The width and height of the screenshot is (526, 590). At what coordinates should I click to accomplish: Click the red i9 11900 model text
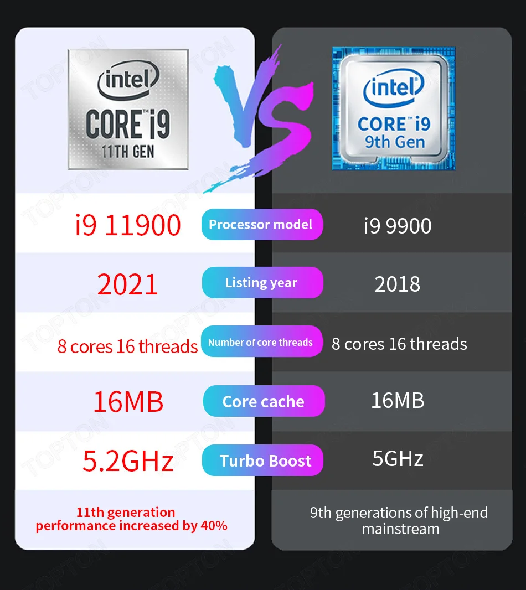128,225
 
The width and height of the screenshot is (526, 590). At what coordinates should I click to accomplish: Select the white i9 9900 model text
397,226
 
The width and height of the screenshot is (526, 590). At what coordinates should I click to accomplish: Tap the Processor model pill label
261,225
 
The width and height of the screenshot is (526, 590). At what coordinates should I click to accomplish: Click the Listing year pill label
261,283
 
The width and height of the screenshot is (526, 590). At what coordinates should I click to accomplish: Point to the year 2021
128,284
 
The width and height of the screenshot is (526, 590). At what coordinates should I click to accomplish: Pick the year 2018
397,284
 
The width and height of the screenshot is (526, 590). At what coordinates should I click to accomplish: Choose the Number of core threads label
261,343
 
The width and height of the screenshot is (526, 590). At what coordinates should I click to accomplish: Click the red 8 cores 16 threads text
127,346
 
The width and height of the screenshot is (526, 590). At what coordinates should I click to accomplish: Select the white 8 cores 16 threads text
399,344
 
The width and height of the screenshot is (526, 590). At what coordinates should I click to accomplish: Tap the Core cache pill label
264,402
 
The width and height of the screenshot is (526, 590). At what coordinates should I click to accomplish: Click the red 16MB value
128,402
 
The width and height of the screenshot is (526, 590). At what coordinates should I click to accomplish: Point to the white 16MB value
397,400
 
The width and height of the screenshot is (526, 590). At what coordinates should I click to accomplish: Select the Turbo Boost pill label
265,460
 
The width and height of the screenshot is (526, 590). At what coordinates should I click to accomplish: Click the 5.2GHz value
128,460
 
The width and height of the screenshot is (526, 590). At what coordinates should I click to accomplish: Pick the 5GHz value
397,459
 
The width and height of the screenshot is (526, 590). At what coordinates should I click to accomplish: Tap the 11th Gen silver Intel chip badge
128,109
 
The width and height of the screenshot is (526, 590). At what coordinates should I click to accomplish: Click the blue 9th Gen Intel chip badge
394,108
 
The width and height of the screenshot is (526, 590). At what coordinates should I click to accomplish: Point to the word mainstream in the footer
400,529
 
